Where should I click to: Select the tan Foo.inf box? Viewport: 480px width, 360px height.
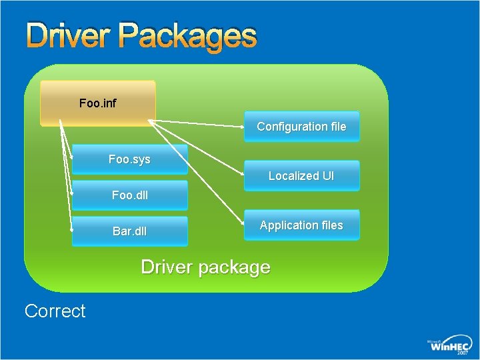(97, 103)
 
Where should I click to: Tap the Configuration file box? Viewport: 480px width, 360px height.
(301, 127)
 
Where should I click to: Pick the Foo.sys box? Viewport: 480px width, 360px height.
(129, 160)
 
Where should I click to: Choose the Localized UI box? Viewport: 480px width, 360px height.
(301, 176)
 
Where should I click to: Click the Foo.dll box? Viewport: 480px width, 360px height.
(129, 195)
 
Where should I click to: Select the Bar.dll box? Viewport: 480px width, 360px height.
(129, 231)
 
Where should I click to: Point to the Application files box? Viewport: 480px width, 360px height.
(301, 225)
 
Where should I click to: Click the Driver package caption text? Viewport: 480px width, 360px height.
(205, 267)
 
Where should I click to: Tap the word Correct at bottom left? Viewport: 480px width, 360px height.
(55, 311)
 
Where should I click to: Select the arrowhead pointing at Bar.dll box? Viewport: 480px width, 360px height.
(72, 230)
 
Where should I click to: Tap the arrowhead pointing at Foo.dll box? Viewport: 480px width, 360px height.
(72, 194)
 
